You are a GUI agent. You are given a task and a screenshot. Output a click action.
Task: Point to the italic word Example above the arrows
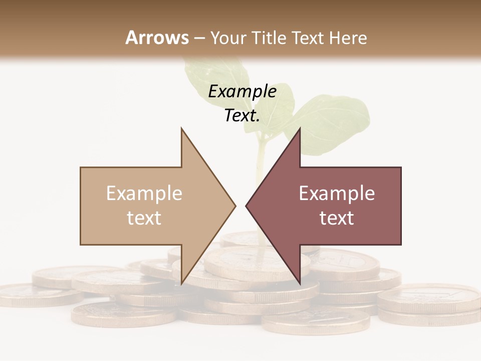tap(243, 92)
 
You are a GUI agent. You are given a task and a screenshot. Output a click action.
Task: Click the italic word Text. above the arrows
tap(242, 116)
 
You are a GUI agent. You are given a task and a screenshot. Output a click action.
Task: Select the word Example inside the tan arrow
tap(144, 194)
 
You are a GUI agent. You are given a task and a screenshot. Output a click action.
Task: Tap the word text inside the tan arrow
tap(144, 218)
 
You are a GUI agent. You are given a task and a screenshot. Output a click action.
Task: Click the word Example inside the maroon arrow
tap(337, 194)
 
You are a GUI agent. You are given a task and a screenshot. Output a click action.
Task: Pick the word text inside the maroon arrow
tap(337, 218)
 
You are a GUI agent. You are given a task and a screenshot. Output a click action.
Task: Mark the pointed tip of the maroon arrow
tap(247, 206)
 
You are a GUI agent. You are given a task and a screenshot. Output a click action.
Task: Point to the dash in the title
tap(199, 38)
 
